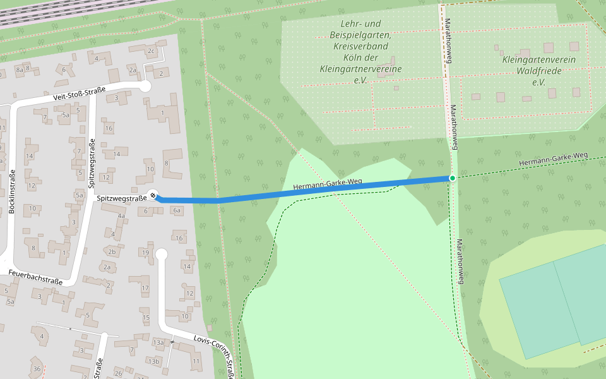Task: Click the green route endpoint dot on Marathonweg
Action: pos(452,178)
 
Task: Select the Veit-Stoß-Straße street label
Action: pos(79,94)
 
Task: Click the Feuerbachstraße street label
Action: pos(35,277)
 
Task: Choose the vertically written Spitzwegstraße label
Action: pos(92,165)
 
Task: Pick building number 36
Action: pos(37,369)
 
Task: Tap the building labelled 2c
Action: pos(150,51)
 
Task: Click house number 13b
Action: pos(153,361)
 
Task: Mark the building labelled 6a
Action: pos(177,210)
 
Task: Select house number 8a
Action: pos(20,69)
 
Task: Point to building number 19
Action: pos(145,253)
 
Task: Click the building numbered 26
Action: pos(118,373)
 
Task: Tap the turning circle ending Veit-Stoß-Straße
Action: pos(145,86)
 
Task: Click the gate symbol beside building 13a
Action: pos(172,342)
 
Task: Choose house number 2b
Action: pos(112,251)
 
